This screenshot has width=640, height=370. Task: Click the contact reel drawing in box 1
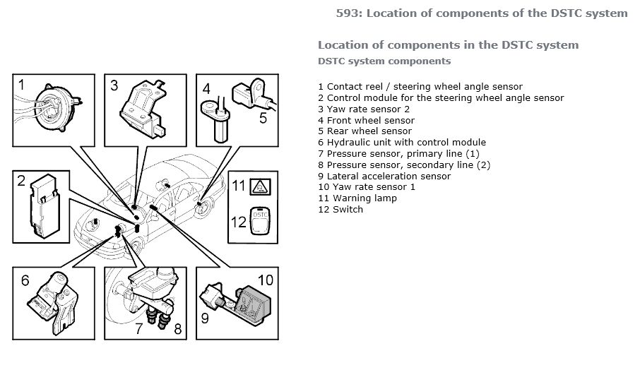pos(55,108)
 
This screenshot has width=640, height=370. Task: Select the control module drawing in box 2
pos(45,206)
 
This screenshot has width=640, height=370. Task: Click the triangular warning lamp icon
pos(260,187)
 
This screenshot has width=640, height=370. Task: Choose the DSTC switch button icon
pos(260,222)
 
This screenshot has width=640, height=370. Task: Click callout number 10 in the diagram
pos(266,280)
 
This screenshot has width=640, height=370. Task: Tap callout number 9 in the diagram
pos(205,318)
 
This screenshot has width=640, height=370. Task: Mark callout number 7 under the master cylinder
pos(138,328)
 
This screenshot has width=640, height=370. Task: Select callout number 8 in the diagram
pos(177,328)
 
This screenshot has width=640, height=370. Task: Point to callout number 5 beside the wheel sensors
pos(263,119)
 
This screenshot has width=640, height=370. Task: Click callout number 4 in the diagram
pos(206,89)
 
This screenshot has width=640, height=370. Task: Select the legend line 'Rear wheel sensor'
pos(365,131)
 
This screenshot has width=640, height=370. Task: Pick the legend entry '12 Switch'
pos(340,209)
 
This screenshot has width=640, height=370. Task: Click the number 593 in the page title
pos(348,13)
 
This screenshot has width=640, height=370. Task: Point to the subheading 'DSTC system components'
pos(384,61)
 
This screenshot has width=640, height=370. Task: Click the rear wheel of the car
pos(203,208)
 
